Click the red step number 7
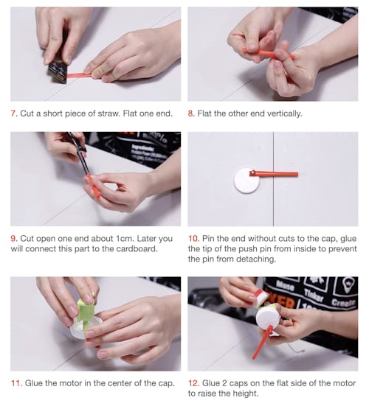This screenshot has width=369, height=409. click(x=14, y=113)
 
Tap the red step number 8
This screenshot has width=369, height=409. click(x=191, y=113)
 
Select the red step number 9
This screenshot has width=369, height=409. click(x=14, y=239)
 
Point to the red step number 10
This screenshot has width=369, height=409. click(x=194, y=239)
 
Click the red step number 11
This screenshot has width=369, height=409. click(x=16, y=383)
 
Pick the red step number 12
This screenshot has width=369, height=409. click(x=194, y=383)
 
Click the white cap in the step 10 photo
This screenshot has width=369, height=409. click(x=246, y=181)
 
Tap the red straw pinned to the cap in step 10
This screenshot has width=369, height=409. click(x=274, y=174)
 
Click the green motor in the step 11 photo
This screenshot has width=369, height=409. click(x=86, y=314)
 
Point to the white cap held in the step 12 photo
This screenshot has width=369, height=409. click(x=268, y=318)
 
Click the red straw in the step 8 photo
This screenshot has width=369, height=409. click(x=268, y=54)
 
